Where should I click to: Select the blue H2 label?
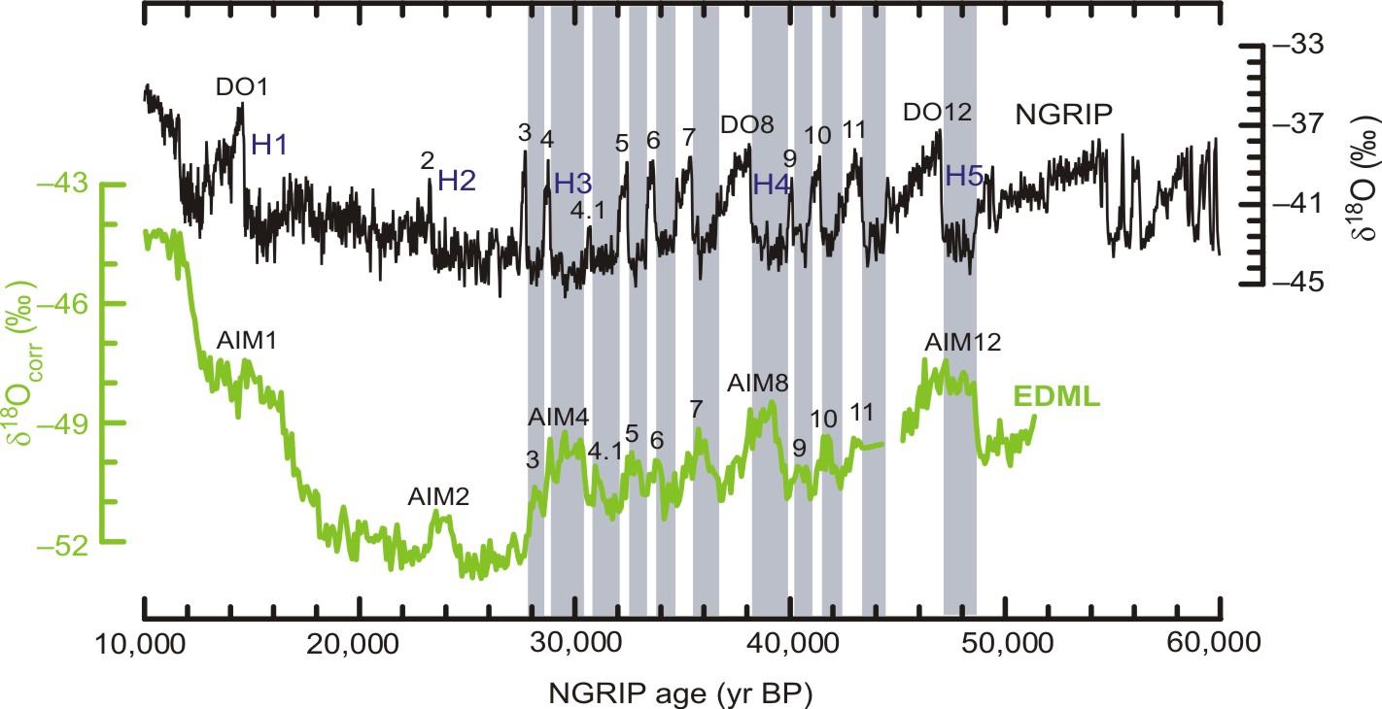coord(457,180)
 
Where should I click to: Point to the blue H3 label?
coord(572,183)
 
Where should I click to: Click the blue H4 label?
coord(773,183)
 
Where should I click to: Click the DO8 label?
coord(746,125)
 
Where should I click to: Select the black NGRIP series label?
coord(1064,116)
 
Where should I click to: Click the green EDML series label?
coord(1056,396)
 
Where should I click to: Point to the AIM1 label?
coord(247,343)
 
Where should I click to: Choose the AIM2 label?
coord(438,497)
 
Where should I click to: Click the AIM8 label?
coord(757,382)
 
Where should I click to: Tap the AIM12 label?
coord(962,342)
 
